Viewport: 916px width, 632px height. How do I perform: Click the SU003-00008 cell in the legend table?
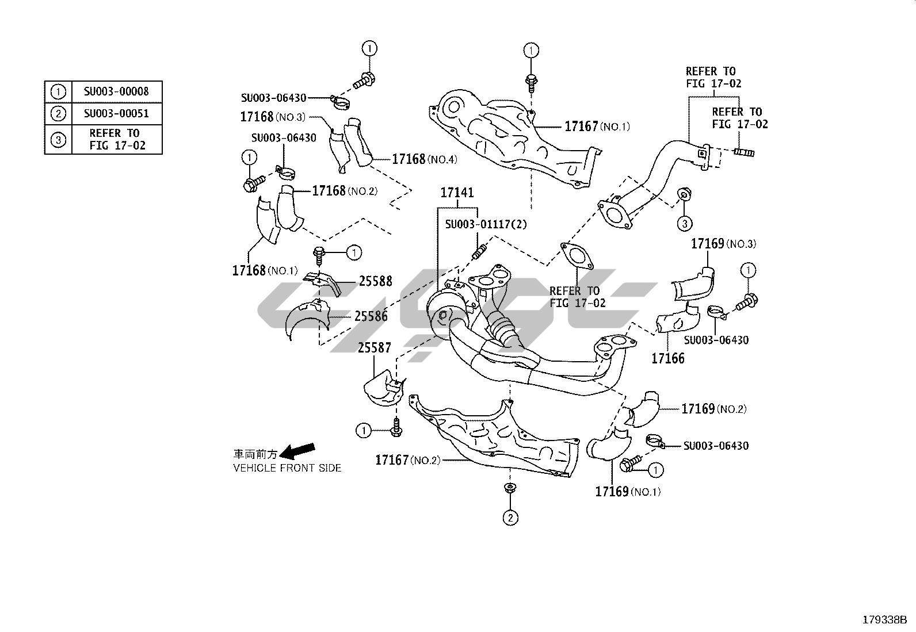[116, 91]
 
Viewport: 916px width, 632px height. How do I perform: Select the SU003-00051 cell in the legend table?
[116, 113]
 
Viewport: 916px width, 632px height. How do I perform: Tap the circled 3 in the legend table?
[58, 140]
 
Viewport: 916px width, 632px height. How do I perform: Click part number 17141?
[457, 193]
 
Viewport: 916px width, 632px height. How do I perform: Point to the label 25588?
[375, 281]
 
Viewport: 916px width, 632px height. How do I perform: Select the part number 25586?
[371, 316]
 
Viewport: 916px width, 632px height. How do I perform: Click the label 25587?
[375, 348]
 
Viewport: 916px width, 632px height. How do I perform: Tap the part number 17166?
[668, 359]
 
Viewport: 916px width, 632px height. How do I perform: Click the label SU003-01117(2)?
[486, 224]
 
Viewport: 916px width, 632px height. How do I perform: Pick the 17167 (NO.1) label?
[597, 127]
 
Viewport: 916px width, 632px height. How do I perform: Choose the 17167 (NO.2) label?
[407, 460]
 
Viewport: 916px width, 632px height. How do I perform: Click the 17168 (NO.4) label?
[425, 159]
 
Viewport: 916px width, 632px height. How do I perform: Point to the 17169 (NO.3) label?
[723, 244]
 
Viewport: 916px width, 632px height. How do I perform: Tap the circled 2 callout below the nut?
[510, 518]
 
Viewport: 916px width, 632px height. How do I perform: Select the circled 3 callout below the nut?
[684, 223]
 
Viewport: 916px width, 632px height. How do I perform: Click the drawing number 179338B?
[884, 620]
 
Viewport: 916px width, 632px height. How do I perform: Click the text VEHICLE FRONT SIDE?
[287, 468]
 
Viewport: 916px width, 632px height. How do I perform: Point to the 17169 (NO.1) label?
[628, 492]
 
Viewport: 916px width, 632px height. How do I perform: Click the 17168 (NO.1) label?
[265, 270]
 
